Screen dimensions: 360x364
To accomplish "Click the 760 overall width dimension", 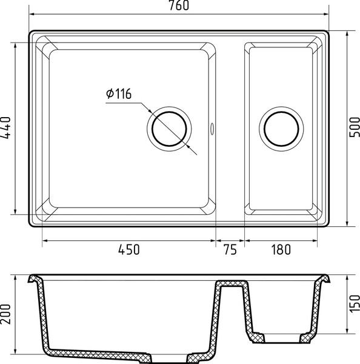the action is click(179, 5).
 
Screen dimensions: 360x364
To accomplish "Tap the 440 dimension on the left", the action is click(6, 127).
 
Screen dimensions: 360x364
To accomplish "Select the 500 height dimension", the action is click(355, 127).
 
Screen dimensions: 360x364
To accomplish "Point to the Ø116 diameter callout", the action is click(119, 93).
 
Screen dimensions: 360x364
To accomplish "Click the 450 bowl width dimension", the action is click(128, 249).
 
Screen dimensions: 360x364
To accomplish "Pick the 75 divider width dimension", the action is click(230, 249).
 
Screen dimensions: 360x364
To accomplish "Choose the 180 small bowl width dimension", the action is click(281, 249).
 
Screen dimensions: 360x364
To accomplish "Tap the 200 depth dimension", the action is click(6, 314).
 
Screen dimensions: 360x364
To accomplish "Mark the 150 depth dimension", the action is click(355, 304).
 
